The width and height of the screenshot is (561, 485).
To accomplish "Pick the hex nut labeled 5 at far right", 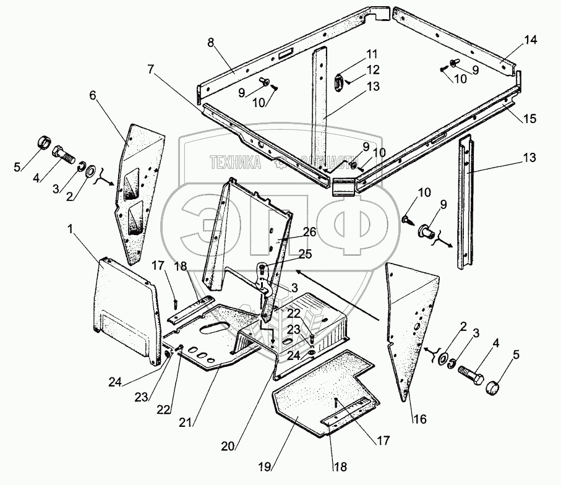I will click(492, 388).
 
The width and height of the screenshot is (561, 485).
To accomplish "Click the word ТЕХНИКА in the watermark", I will click(236, 163).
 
